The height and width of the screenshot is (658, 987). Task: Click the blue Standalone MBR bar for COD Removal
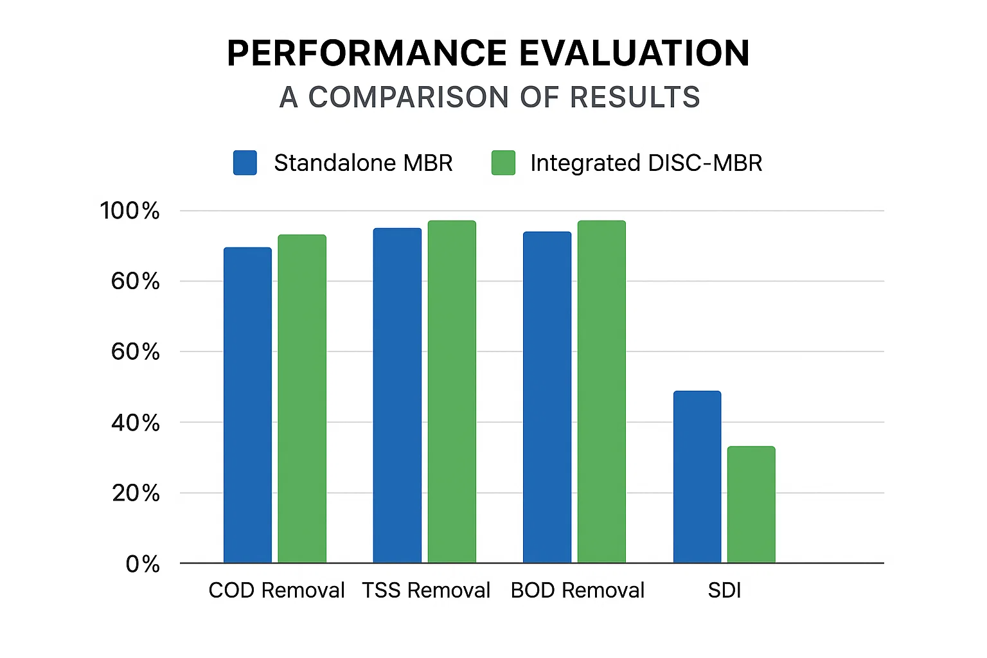[x=247, y=405]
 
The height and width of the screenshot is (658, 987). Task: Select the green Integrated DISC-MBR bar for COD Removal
[x=302, y=398]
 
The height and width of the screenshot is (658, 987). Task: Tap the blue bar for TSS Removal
[x=397, y=395]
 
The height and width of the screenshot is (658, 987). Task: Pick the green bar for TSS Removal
[x=452, y=392]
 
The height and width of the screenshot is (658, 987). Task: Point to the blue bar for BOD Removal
[x=547, y=397]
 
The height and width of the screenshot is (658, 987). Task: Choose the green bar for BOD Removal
[x=601, y=392]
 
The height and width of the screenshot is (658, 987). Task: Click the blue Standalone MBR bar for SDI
[x=697, y=477]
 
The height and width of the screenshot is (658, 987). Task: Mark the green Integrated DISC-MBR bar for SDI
[x=751, y=504]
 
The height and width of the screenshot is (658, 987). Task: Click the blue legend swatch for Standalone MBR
[x=245, y=163]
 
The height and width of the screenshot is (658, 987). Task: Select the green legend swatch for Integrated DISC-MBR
[x=503, y=163]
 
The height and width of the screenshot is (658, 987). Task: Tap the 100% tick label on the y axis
[x=130, y=211]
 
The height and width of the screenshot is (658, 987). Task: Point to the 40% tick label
[x=135, y=423]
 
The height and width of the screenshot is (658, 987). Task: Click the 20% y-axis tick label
[x=136, y=493]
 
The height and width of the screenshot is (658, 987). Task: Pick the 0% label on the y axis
[x=143, y=564]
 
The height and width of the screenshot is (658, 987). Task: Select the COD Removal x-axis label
[x=276, y=590]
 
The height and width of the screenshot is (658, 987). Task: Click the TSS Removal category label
[x=426, y=590]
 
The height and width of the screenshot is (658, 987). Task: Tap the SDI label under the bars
[x=724, y=590]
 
